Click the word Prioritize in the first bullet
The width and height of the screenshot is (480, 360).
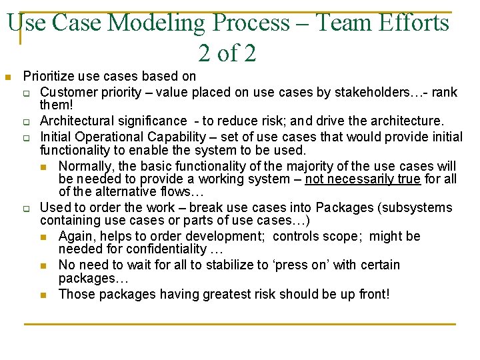[x=50, y=77]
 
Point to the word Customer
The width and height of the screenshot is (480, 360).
[x=67, y=92]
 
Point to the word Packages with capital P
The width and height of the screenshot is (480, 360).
[x=345, y=207]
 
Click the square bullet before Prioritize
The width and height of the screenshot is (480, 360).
[x=8, y=77]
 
